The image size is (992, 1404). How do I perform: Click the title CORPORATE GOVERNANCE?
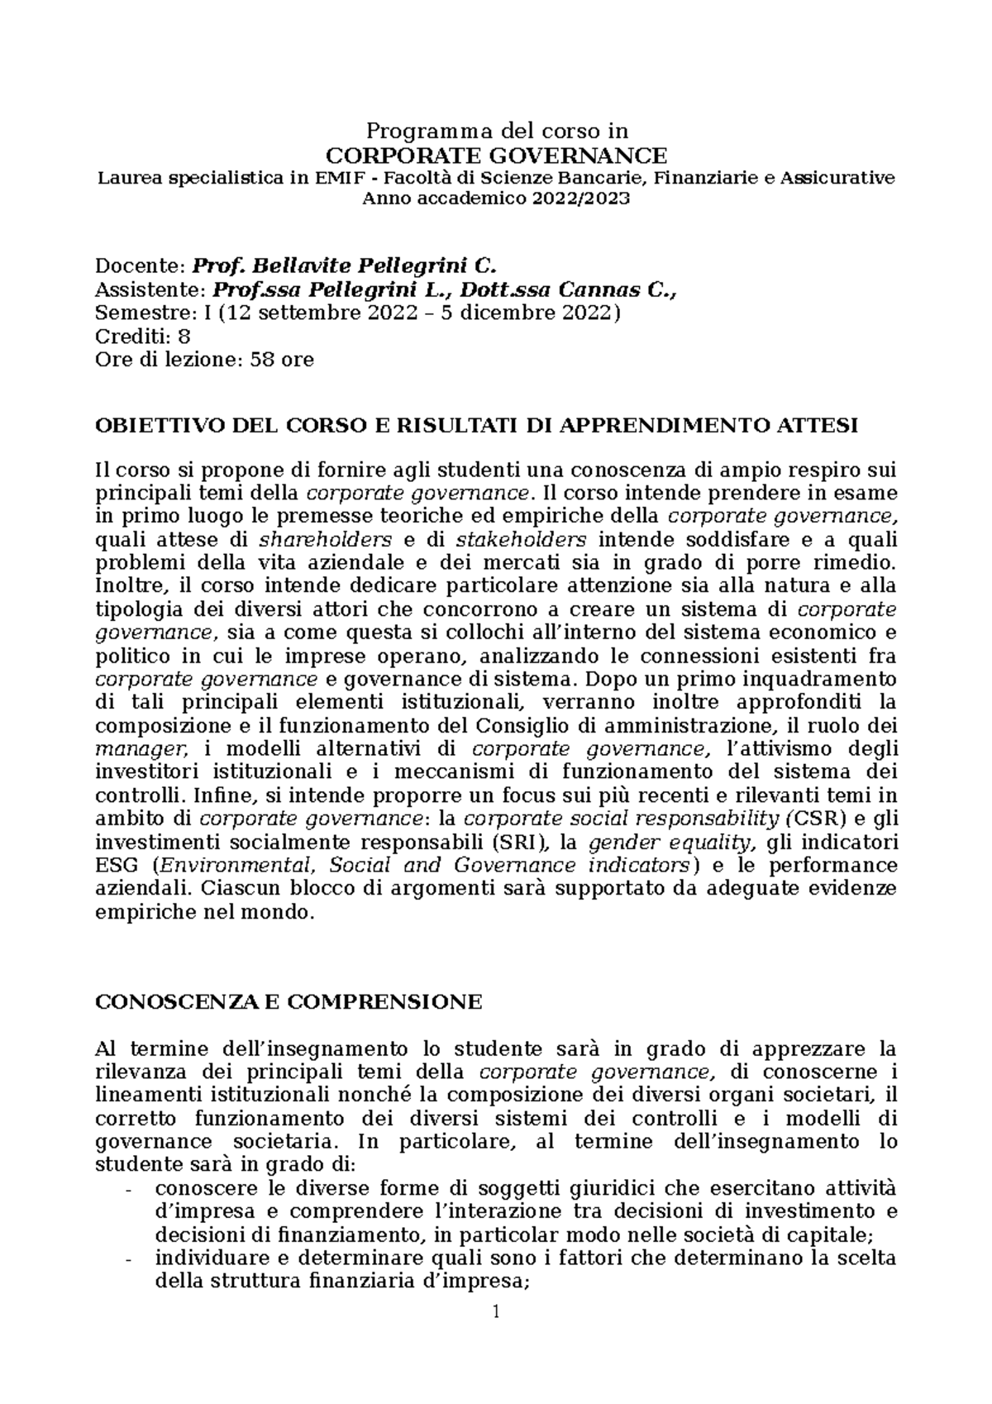(496, 155)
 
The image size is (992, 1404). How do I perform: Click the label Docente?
(141, 265)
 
